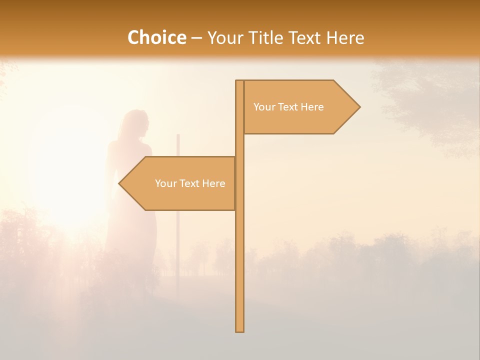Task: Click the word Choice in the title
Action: tap(156, 38)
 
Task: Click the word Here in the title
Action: tap(345, 38)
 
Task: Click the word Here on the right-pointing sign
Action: tap(312, 107)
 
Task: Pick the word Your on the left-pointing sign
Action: tap(165, 183)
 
